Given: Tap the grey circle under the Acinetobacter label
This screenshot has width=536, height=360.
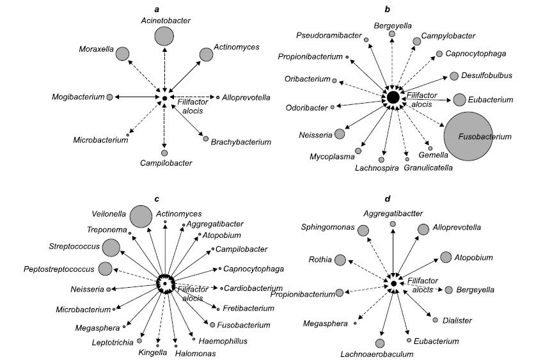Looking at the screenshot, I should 164,36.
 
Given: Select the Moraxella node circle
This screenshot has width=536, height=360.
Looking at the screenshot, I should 122,54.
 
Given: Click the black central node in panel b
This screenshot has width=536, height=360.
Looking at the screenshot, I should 393,97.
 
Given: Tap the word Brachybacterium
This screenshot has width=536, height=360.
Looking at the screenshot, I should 241,141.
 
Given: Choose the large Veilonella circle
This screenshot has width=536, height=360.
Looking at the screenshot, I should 141,217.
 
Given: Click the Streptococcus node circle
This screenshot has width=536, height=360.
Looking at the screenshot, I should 111,247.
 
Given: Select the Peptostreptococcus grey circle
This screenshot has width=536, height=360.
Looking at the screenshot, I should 106,269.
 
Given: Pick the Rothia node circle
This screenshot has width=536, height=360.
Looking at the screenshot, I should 340,260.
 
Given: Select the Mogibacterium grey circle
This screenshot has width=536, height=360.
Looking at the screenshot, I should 110,97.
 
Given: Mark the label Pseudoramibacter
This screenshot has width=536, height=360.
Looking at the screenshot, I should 327,35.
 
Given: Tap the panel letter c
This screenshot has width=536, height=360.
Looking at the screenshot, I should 164,196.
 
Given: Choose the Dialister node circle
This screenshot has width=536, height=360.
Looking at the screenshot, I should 436,320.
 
